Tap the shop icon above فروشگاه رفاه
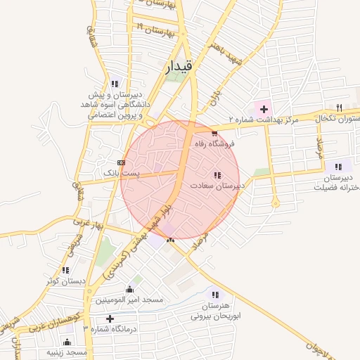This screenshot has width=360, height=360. click(x=214, y=132)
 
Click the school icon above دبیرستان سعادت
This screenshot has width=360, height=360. click(x=217, y=175)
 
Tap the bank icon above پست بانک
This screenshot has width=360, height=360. click(x=122, y=162)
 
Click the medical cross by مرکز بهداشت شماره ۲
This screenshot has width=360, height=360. click(x=264, y=109)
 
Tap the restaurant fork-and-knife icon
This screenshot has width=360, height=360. click(x=340, y=107)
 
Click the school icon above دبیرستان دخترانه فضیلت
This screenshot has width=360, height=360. click(x=339, y=167)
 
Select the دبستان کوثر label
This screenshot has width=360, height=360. click(x=65, y=281)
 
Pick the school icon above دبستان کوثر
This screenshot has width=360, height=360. click(x=65, y=270)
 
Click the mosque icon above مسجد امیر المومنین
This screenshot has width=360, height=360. click(x=129, y=289)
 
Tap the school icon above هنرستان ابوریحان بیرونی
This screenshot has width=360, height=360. click(x=214, y=295)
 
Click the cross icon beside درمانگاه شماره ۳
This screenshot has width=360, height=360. click(x=110, y=319)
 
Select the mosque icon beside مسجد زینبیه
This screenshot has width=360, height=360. click(x=67, y=342)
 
